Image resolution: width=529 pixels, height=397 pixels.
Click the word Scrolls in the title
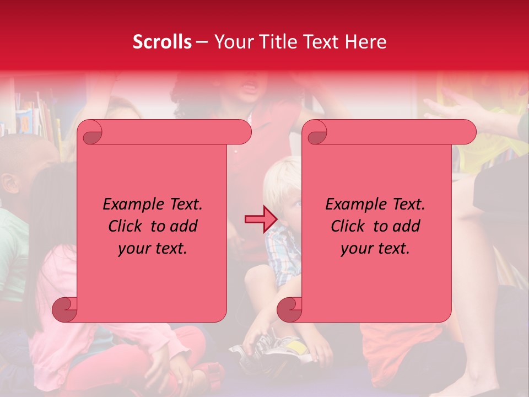[x=162, y=42]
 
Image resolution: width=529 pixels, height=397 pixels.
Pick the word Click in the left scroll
[x=127, y=226]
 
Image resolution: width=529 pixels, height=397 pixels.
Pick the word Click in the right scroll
[x=349, y=226]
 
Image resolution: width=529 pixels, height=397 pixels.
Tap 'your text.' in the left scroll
[x=152, y=248]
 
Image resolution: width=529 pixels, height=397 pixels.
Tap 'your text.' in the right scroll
[x=375, y=248]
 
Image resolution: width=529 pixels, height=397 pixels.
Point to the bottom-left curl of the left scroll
[x=65, y=309]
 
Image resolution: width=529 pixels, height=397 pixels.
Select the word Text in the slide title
[x=323, y=42]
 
